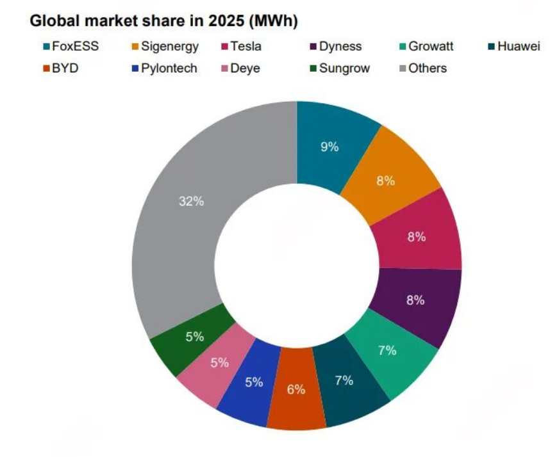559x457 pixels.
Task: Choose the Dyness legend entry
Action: click(x=340, y=46)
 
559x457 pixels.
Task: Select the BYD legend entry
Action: click(x=64, y=67)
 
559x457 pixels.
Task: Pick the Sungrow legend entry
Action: click(x=344, y=67)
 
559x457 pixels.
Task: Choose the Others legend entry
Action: click(x=426, y=67)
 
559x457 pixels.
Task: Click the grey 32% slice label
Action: click(x=191, y=201)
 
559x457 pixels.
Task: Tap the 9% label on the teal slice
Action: click(x=330, y=146)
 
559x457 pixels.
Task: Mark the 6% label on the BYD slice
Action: click(x=296, y=389)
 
